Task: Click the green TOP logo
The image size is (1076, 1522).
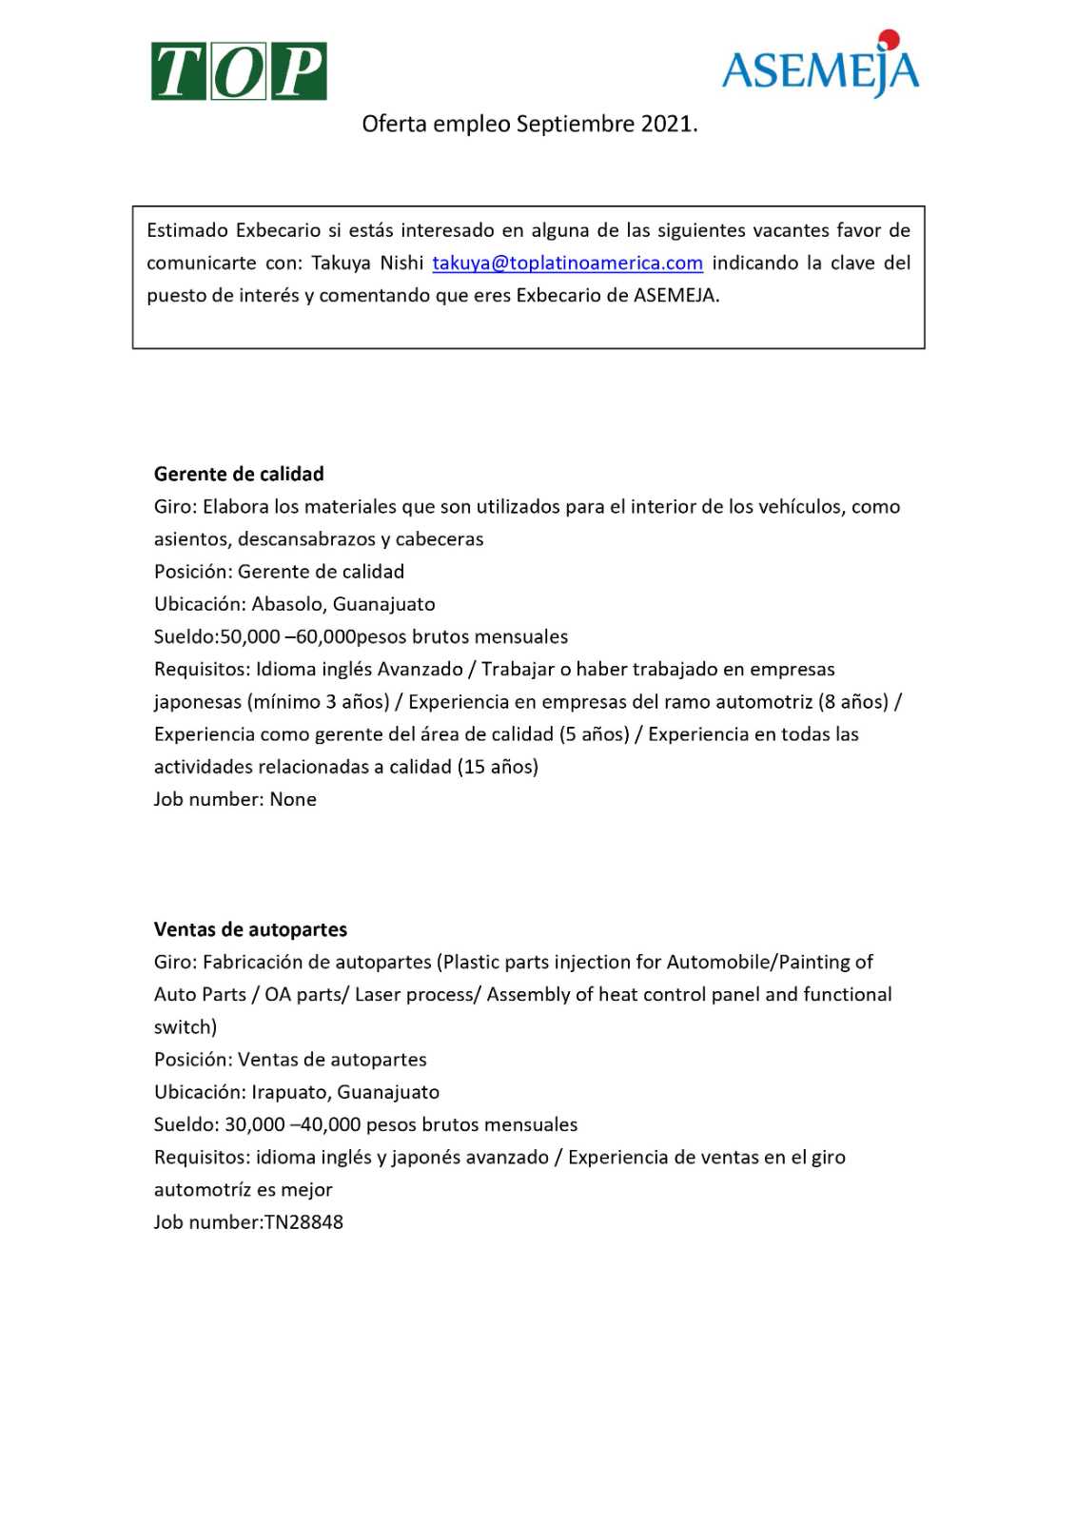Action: pos(238,71)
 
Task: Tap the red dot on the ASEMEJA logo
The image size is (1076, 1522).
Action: pos(890,39)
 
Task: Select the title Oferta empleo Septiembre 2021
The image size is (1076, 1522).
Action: pos(530,124)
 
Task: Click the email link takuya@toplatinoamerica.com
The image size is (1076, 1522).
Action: pos(567,263)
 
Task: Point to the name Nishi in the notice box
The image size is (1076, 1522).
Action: pos(402,263)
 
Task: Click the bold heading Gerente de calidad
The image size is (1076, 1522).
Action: pos(239,474)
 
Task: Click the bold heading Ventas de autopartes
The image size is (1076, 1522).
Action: pos(250,929)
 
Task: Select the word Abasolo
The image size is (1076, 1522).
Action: pos(287,604)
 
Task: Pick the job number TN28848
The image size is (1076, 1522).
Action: pos(303,1222)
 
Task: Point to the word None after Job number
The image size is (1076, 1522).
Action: pos(293,799)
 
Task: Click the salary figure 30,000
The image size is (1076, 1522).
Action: pos(254,1124)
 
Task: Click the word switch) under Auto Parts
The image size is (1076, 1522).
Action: pos(186,1027)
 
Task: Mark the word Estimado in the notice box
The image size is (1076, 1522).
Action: pos(187,230)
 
